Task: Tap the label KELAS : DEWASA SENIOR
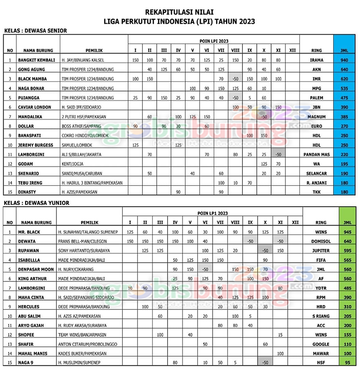tap(35, 30)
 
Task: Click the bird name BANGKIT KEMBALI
tap(36, 60)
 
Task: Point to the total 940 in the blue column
tap(344, 60)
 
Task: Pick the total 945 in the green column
tap(347, 232)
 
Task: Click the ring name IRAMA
tap(316, 60)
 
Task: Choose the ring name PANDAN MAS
tap(316, 154)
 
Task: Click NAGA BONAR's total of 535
tap(344, 88)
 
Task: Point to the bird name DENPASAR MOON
tap(36, 269)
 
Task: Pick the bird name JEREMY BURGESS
tap(36, 145)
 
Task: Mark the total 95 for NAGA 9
tap(347, 363)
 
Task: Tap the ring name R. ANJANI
tap(316, 183)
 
